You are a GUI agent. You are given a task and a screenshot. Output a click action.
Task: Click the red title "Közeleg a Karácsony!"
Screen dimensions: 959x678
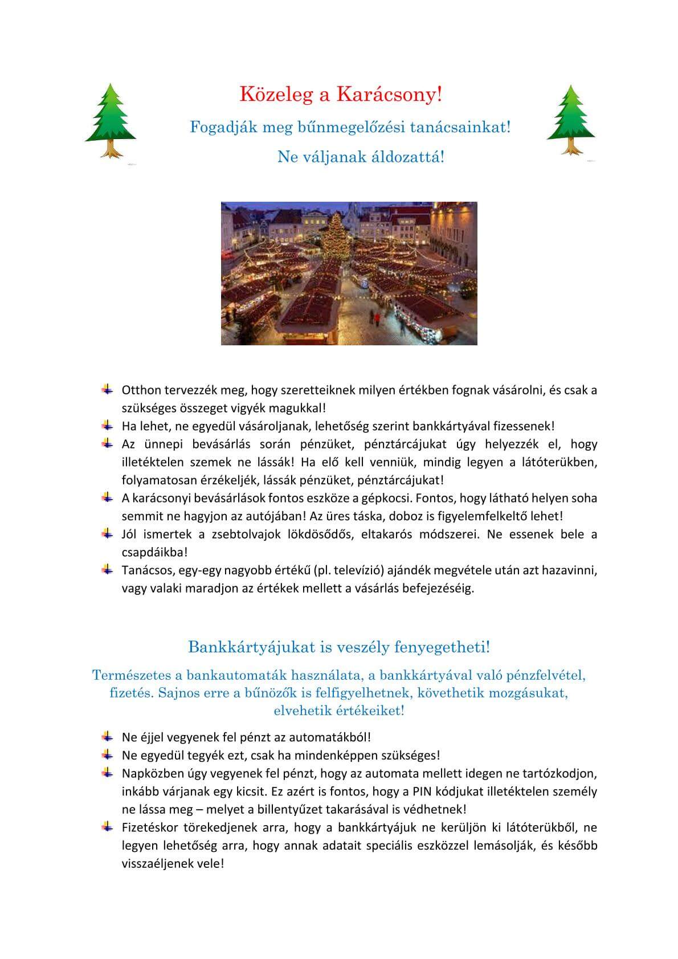click(341, 94)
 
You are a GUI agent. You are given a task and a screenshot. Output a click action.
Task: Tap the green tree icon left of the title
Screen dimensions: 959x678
click(111, 119)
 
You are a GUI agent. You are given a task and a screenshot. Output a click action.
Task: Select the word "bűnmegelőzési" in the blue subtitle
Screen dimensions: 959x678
click(351, 126)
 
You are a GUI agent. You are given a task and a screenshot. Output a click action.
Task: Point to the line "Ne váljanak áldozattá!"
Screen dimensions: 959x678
click(361, 156)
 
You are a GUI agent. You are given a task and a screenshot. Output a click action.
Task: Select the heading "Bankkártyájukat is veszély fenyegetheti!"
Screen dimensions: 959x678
click(339, 647)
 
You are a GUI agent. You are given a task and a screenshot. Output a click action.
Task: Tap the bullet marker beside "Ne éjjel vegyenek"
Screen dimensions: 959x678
click(107, 737)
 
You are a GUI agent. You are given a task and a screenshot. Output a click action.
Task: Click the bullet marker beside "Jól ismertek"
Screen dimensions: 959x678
click(107, 534)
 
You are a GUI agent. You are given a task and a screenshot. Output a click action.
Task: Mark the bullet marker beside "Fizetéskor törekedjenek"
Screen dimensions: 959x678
click(107, 827)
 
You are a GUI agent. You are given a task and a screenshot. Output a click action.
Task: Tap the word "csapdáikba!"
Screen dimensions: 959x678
click(154, 552)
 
